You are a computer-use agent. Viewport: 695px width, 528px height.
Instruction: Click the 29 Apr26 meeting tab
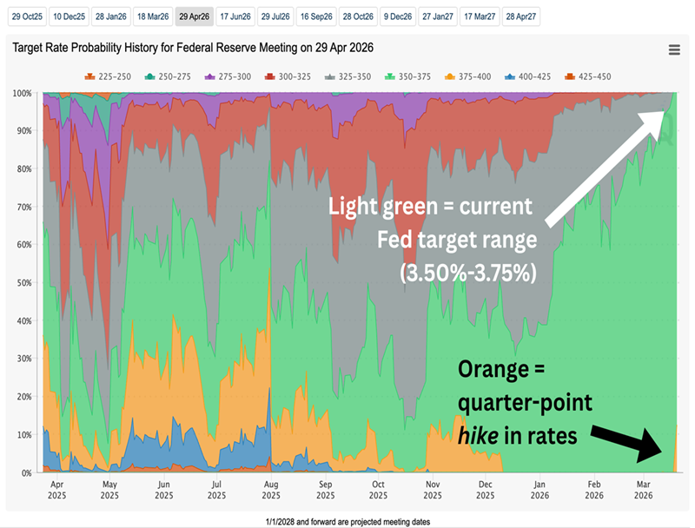[194, 16]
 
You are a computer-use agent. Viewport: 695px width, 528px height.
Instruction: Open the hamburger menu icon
[674, 50]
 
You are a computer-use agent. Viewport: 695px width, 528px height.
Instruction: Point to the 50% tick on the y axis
[26, 283]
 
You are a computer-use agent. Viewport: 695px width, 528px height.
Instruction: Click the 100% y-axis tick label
[23, 93]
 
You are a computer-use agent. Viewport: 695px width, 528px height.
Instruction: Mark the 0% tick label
[28, 472]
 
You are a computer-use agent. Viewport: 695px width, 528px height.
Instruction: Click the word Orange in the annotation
[493, 371]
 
